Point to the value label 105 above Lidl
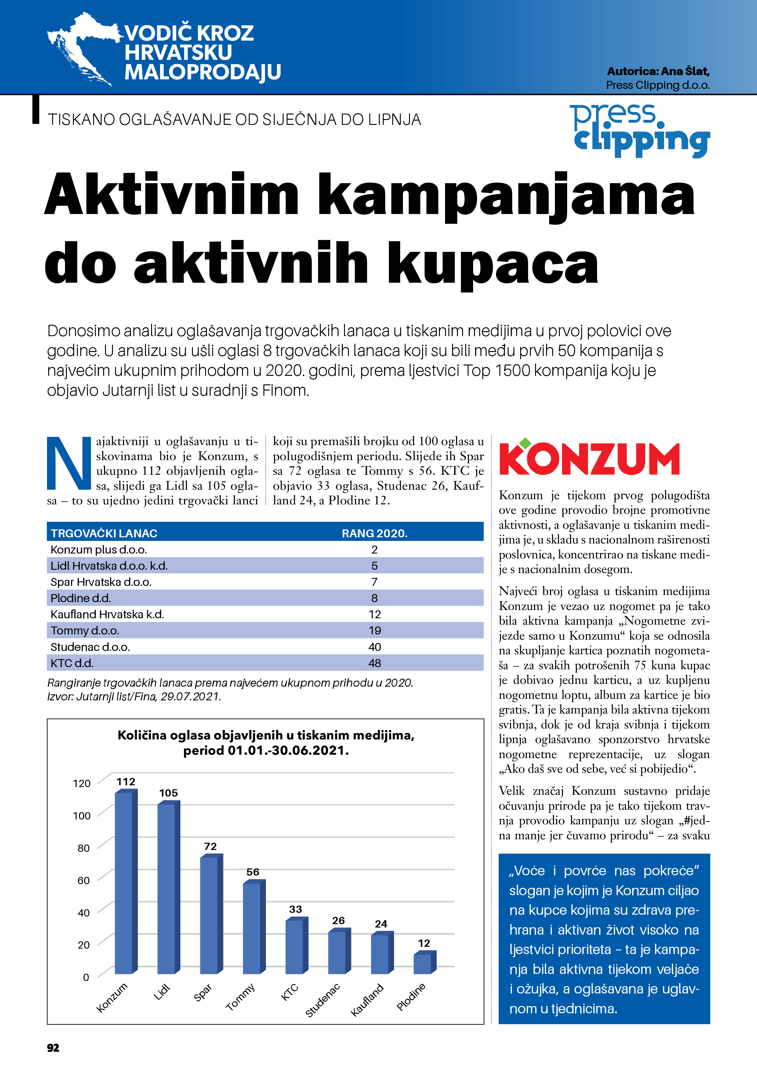point(168,793)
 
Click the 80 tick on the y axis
point(84,848)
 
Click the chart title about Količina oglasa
point(266,742)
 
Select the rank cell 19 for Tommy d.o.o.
point(375,631)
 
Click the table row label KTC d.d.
point(72,663)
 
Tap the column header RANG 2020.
point(375,533)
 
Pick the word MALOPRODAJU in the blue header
point(202,72)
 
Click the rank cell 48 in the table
point(375,663)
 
